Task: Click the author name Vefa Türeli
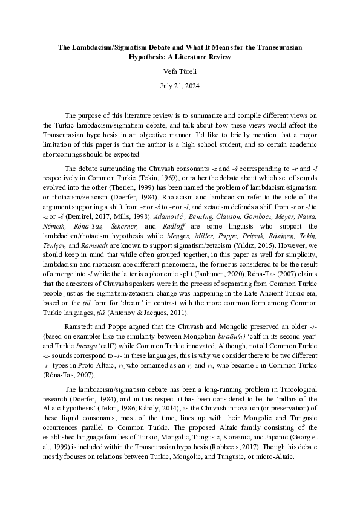point(180,71)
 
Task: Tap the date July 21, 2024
point(180,86)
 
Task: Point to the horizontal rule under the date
point(180,105)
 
